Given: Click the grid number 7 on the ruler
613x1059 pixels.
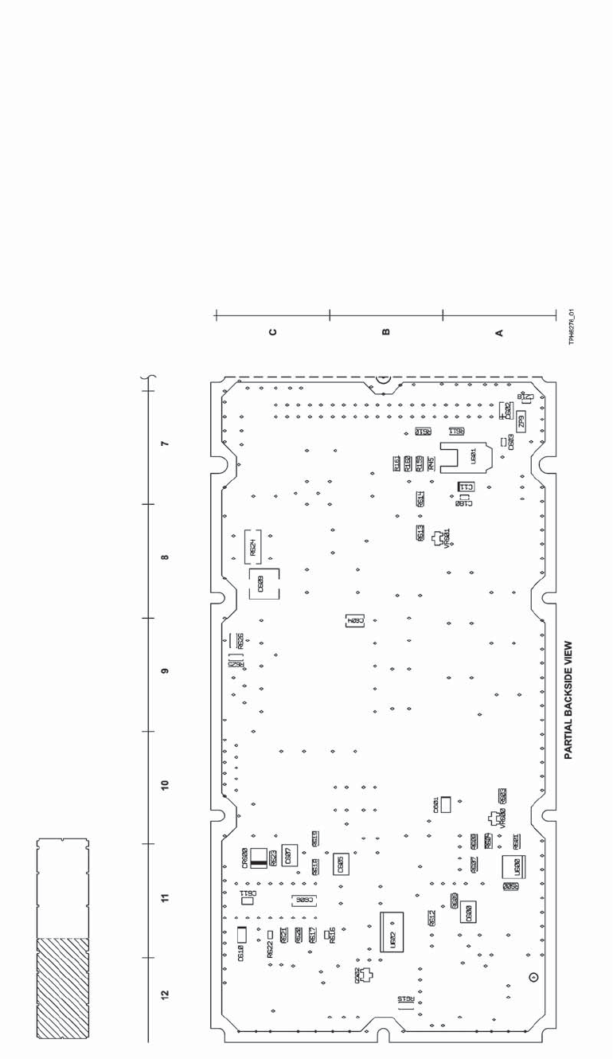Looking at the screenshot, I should pos(165,443).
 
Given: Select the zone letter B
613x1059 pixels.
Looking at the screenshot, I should pos(386,332).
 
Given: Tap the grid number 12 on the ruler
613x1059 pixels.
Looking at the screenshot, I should pos(165,995).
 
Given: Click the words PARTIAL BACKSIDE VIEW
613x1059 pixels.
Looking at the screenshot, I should pos(568,701).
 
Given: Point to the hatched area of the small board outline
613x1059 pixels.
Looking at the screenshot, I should pos(61,987).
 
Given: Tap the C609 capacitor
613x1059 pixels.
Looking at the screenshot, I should pos(264,584).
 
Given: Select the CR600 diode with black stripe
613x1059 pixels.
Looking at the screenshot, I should pos(257,857).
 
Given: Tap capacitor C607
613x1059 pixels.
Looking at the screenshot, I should pos(288,856).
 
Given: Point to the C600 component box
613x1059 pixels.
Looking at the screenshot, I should pos(468,912).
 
